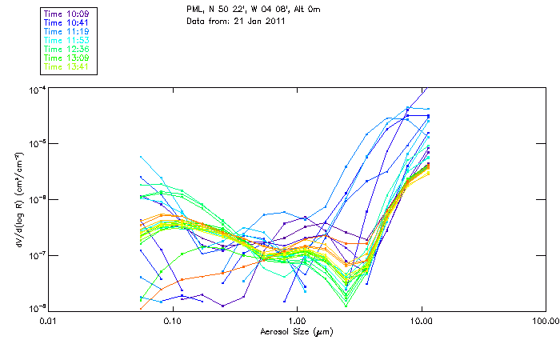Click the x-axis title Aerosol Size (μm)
[296, 330]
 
